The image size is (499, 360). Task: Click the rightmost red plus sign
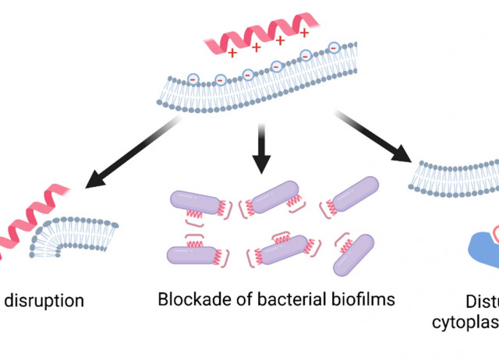click(304, 34)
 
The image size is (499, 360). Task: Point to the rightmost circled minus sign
click(334, 48)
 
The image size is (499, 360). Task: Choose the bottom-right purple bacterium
click(354, 255)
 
